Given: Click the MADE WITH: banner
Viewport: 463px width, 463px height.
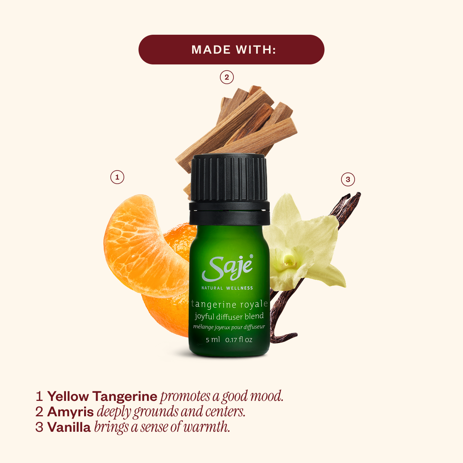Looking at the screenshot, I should tap(231, 49).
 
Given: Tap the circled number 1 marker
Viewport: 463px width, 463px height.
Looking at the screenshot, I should tap(117, 177).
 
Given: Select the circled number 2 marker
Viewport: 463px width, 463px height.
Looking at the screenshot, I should tap(227, 77).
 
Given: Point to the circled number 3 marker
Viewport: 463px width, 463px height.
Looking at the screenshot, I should tap(348, 179).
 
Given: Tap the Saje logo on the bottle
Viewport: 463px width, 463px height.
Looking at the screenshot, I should tap(228, 267).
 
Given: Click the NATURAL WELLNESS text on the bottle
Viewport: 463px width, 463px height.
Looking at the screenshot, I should tap(227, 288).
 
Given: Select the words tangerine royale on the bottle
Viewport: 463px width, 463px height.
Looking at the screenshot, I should tap(229, 304).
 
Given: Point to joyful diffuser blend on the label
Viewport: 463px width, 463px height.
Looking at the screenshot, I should tap(229, 317).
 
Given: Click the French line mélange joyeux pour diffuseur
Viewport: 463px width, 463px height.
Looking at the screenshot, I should tap(229, 327).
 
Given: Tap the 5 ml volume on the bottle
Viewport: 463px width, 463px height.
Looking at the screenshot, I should tap(213, 340).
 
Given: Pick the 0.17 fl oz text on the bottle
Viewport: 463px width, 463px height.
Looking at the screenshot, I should tap(239, 340).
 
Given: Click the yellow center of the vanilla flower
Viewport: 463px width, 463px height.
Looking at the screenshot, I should tap(287, 261).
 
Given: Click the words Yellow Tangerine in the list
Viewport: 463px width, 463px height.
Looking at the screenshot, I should tap(102, 396).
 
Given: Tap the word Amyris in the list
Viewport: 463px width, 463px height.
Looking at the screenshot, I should tap(71, 412).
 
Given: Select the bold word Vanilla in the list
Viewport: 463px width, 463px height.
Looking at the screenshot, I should tap(69, 427).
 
